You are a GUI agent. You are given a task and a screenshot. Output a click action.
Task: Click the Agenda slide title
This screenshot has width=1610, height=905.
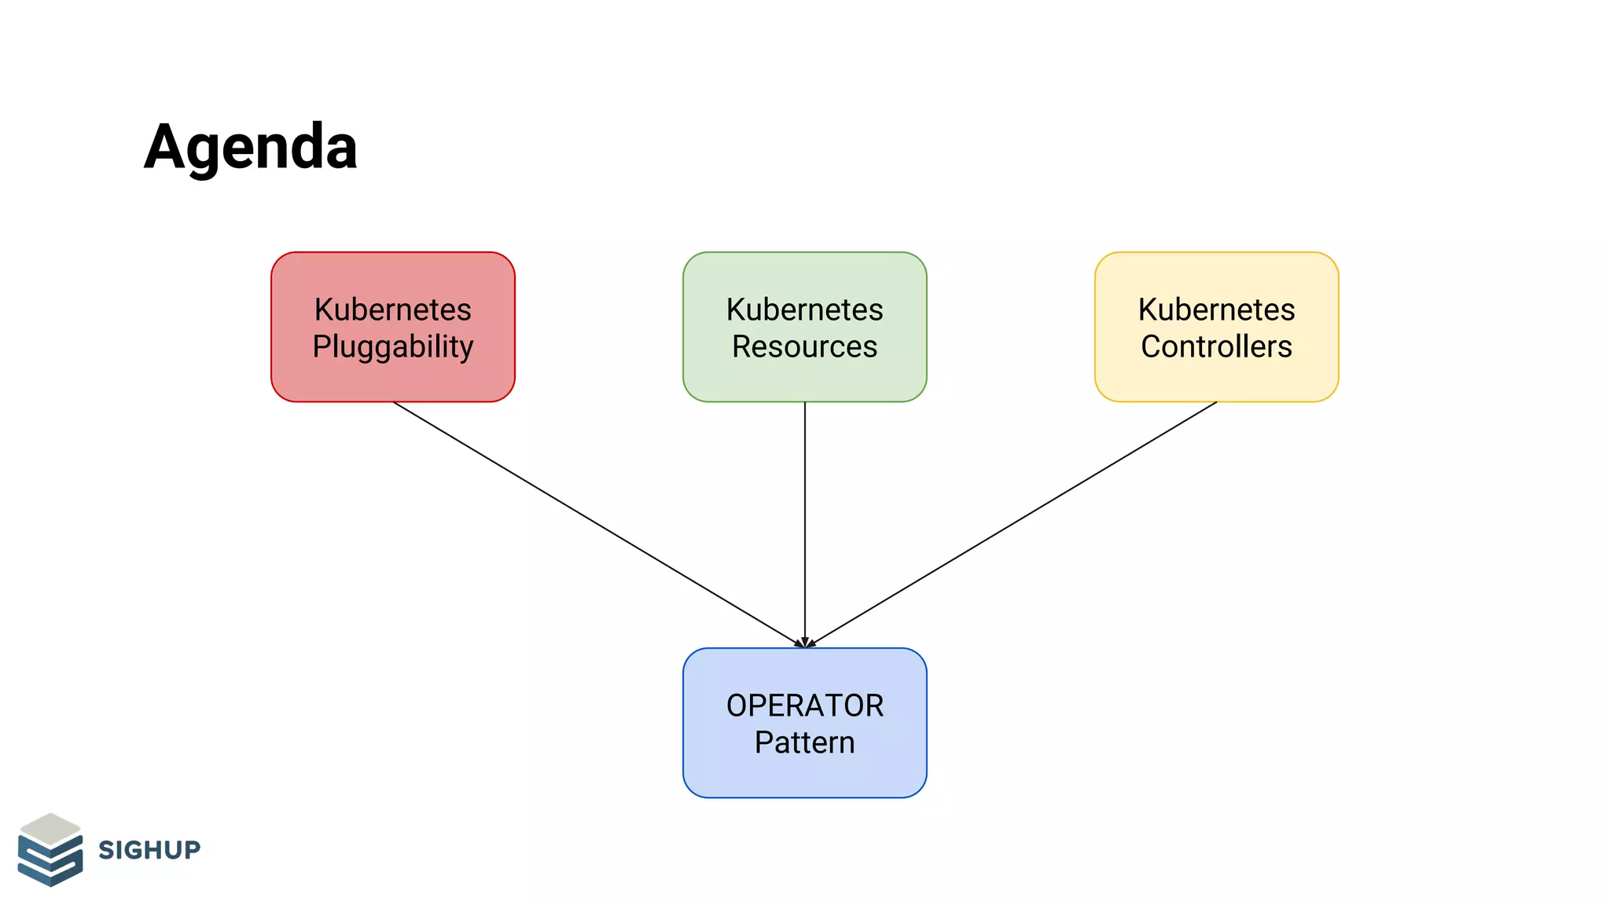(x=250, y=147)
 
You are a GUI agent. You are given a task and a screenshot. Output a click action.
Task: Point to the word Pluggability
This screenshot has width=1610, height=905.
(x=393, y=346)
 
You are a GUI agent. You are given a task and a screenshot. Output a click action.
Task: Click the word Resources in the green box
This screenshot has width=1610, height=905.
(x=804, y=346)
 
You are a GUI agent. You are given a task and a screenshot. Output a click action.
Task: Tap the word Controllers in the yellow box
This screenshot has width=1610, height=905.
(x=1216, y=346)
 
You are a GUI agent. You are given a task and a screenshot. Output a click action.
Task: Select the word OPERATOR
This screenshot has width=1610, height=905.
(x=804, y=705)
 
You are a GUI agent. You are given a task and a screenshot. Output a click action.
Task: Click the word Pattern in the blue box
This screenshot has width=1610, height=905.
(x=804, y=742)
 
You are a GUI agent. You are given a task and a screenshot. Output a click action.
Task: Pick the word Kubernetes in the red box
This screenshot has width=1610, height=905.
(x=393, y=310)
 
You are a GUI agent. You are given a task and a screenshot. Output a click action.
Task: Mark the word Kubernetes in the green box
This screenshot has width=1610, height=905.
(x=804, y=310)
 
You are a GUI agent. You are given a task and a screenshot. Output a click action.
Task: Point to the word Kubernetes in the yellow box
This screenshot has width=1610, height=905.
(x=1216, y=310)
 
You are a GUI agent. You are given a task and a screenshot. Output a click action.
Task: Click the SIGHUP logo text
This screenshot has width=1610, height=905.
(x=149, y=849)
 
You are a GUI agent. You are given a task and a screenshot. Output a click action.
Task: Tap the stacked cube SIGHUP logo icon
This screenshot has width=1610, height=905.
(x=50, y=851)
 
